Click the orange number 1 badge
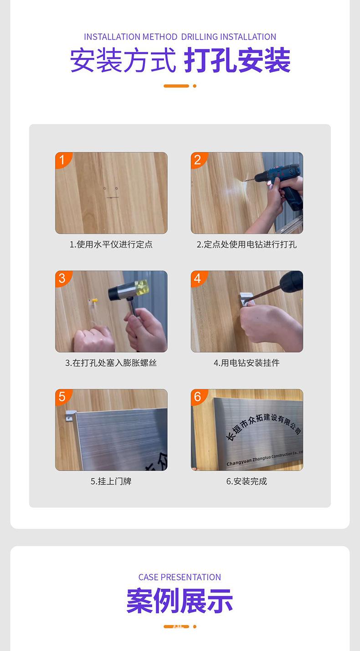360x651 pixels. tap(62, 159)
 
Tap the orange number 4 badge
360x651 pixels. tap(198, 278)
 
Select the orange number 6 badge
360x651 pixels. tap(198, 396)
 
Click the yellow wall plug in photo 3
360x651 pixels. tap(94, 301)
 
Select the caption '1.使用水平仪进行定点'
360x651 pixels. tap(111, 245)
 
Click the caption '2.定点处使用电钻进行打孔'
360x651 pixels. tap(247, 245)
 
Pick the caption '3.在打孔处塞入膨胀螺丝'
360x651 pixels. tap(111, 363)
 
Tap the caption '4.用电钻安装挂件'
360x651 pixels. tap(247, 363)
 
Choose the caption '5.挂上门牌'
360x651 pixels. tap(111, 481)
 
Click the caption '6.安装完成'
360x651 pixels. tap(247, 481)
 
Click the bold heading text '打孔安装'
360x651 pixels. tap(237, 61)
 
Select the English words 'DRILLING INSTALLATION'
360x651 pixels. tap(229, 37)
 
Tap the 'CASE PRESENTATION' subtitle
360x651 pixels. tap(180, 577)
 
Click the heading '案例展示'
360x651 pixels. tap(180, 601)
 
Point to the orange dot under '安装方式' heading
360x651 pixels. tap(195, 86)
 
